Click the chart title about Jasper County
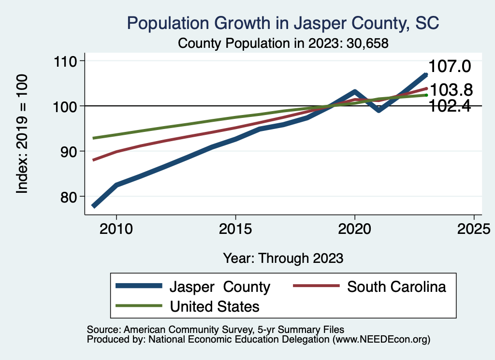point(283,23)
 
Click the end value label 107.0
point(450,67)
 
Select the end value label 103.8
point(451,90)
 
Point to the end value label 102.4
point(450,106)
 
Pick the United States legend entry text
point(214,306)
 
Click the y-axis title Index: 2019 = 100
point(22,134)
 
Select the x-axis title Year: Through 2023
point(283,258)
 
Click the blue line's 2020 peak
point(355,92)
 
